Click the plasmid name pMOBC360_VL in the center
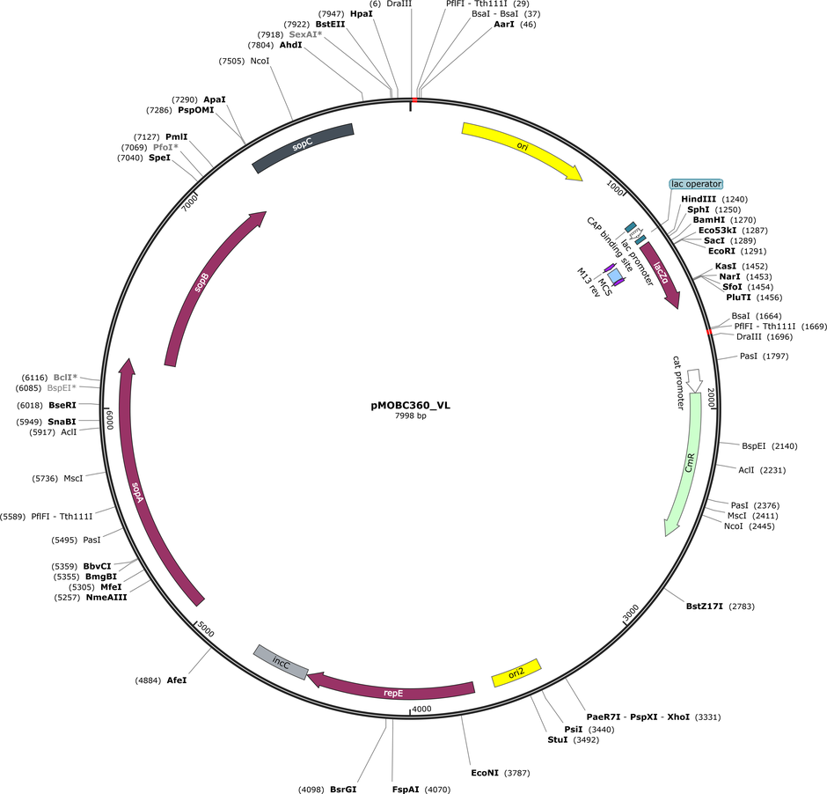(x=410, y=405)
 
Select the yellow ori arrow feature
(x=523, y=147)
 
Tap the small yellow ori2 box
(x=516, y=673)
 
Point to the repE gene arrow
(x=393, y=688)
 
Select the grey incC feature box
(x=281, y=662)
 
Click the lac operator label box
(x=696, y=184)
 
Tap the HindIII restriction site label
(x=699, y=199)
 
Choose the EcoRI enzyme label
(x=721, y=251)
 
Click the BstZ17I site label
(x=704, y=607)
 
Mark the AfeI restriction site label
(x=177, y=680)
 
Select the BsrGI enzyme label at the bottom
(x=343, y=790)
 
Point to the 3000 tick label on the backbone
(x=631, y=613)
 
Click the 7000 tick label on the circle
(x=189, y=202)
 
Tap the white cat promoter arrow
(x=694, y=380)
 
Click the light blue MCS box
(x=614, y=276)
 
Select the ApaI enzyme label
(x=215, y=99)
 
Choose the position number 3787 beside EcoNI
(x=517, y=773)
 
